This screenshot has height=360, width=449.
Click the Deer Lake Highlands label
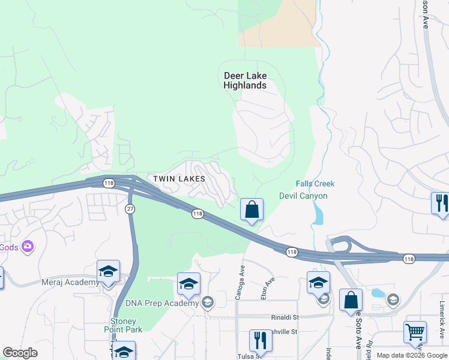245,80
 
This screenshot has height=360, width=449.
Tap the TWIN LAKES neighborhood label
179,179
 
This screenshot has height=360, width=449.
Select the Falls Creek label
315,184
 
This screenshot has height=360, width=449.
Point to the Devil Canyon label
303,196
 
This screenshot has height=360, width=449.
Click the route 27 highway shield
130,208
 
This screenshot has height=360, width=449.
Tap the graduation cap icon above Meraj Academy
108,272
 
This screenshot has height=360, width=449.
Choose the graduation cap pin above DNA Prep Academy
188,284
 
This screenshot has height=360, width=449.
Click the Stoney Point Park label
127,325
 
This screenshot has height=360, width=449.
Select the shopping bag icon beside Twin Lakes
252,210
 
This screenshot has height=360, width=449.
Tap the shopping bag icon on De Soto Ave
351,301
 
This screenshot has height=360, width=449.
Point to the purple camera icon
27,246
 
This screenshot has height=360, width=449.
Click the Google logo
20,353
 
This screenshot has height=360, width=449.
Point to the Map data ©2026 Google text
412,355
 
